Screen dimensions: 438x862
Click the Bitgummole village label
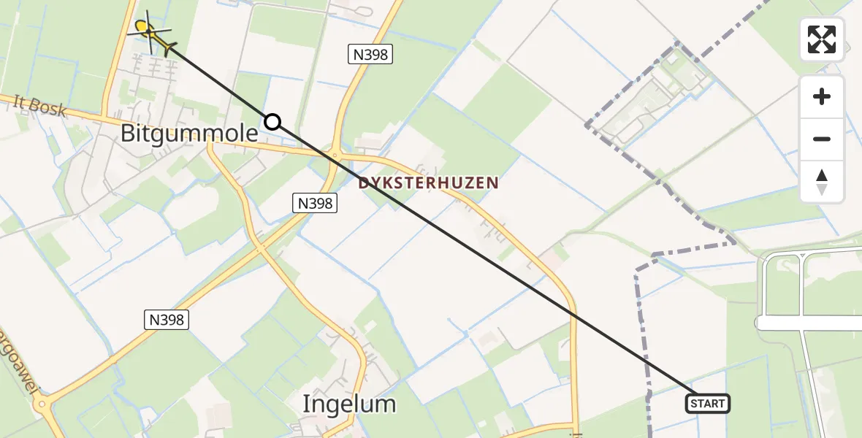pyautogui.click(x=189, y=134)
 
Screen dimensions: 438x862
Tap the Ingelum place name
pyautogui.click(x=350, y=404)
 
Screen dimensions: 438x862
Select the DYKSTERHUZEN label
pyautogui.click(x=429, y=183)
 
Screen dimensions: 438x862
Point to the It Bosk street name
pyautogui.click(x=40, y=108)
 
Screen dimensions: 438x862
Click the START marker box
pyautogui.click(x=707, y=403)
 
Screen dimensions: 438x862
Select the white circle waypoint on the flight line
pyautogui.click(x=272, y=122)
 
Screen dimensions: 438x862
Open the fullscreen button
pyautogui.click(x=822, y=39)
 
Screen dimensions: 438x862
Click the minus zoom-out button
pyautogui.click(x=822, y=139)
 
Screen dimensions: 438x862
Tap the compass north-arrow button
pyautogui.click(x=822, y=182)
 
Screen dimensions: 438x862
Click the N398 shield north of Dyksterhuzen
pyautogui.click(x=370, y=54)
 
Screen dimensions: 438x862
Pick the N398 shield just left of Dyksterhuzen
pyautogui.click(x=316, y=204)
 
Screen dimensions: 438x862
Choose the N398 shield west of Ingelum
pyautogui.click(x=166, y=319)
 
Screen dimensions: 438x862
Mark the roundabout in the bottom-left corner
pyautogui.click(x=42, y=403)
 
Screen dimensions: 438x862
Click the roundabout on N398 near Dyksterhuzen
pyautogui.click(x=335, y=155)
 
